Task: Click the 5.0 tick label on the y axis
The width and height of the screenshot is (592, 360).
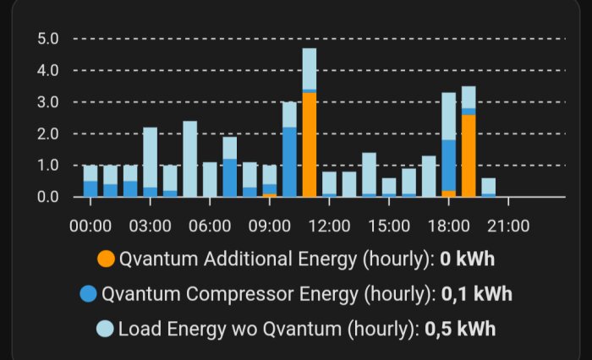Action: (47, 39)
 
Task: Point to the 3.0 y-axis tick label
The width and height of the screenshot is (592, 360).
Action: (47, 102)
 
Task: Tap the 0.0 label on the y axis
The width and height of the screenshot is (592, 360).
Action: (47, 197)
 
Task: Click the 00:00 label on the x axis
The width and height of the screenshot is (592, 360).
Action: (90, 226)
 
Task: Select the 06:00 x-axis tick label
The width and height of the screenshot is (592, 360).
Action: (210, 226)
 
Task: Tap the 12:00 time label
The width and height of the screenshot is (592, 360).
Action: (330, 226)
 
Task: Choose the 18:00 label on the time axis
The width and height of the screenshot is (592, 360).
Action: (449, 226)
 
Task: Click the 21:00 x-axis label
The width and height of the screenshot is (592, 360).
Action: (509, 226)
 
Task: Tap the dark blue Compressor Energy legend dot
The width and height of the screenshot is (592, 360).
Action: (88, 294)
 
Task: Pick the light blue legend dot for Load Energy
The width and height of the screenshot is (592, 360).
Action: (107, 329)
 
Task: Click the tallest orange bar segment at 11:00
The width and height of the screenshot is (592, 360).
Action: (310, 144)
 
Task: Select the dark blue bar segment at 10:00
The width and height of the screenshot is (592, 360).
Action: (289, 161)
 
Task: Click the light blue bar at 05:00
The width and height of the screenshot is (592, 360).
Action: (189, 159)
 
